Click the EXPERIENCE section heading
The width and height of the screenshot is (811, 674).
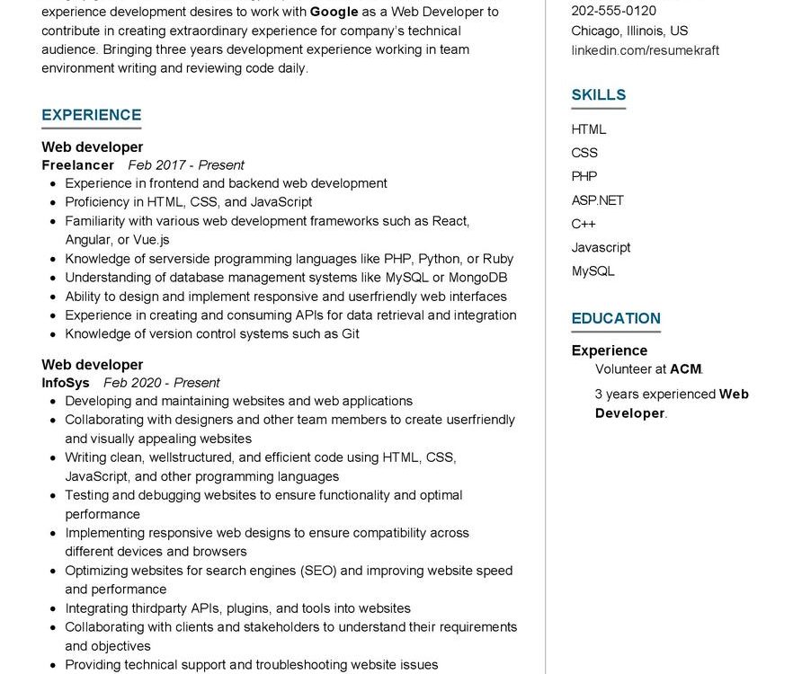coord(91,115)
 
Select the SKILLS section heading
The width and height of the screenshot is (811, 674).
coord(598,94)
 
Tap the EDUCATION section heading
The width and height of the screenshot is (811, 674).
coord(616,318)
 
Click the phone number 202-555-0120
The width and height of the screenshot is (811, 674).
coord(613,11)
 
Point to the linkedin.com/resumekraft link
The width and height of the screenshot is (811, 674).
coord(645,50)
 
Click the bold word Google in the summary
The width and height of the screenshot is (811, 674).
coord(334,12)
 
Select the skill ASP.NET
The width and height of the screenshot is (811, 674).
coord(597,200)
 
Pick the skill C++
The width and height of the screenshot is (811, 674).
coord(583,224)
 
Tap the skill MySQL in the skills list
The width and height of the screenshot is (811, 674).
coord(593,270)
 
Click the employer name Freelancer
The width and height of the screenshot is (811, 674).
coord(77,165)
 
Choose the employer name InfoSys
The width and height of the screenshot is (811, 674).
coord(66,383)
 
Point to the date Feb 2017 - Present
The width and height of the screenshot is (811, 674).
coord(186,165)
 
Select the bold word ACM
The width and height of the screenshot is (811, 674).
coord(685,369)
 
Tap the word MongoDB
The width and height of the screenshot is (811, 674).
coord(477,278)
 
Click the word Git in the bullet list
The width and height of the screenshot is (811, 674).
coord(350,334)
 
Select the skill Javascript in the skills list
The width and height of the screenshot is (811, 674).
coord(601,247)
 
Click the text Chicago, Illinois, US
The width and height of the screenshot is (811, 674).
coord(629,31)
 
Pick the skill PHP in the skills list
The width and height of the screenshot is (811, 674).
coord(584,176)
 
